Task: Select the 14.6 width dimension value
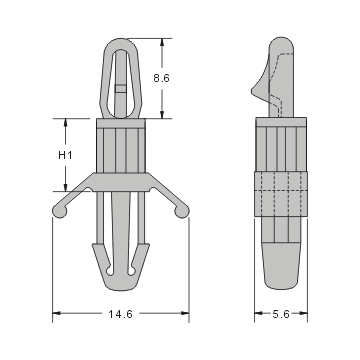pyautogui.click(x=120, y=314)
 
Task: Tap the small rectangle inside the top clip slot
pyautogui.click(x=120, y=88)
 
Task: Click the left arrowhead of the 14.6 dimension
pyautogui.click(x=56, y=314)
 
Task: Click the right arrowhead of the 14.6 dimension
pyautogui.click(x=185, y=314)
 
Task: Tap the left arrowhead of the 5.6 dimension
pyautogui.click(x=258, y=314)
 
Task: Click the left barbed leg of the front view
pyautogui.click(x=102, y=258)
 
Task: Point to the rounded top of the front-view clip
pyautogui.click(x=120, y=42)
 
